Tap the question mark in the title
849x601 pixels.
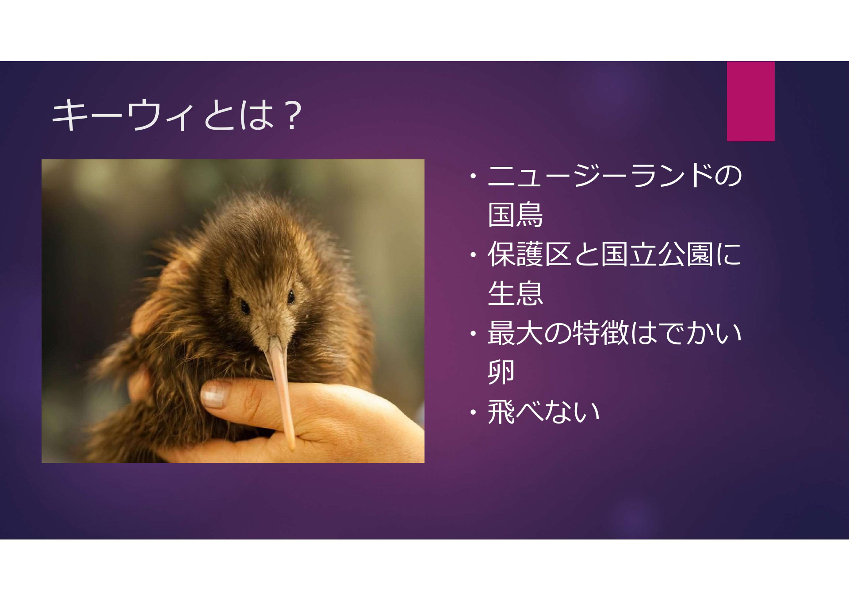click(291, 116)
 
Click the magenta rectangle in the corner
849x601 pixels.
click(751, 101)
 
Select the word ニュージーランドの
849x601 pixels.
click(615, 176)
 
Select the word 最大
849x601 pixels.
click(516, 333)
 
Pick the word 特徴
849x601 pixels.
click(600, 333)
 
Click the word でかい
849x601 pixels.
click(700, 333)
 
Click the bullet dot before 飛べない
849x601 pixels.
click(474, 412)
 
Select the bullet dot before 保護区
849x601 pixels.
click(474, 255)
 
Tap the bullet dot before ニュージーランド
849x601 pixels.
click(474, 177)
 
